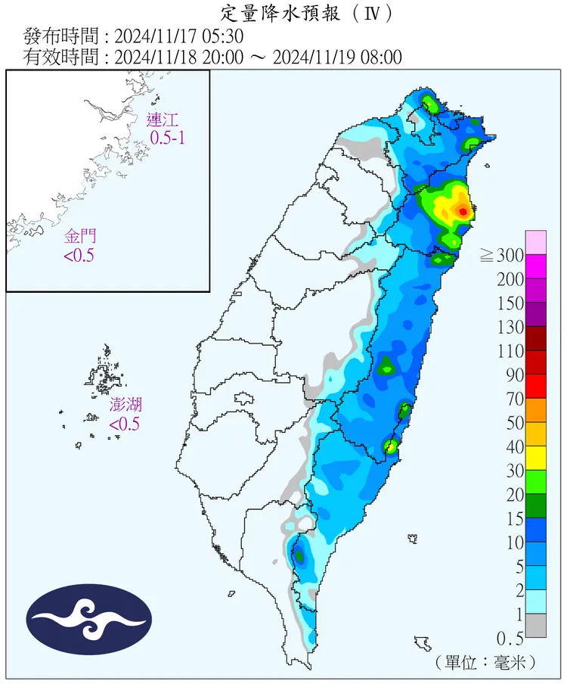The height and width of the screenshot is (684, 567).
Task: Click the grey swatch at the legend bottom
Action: [535, 625]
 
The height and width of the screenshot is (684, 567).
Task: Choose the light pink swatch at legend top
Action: [535, 242]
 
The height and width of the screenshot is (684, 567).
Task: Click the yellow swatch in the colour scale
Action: [535, 458]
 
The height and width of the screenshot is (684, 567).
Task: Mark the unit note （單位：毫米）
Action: [487, 662]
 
